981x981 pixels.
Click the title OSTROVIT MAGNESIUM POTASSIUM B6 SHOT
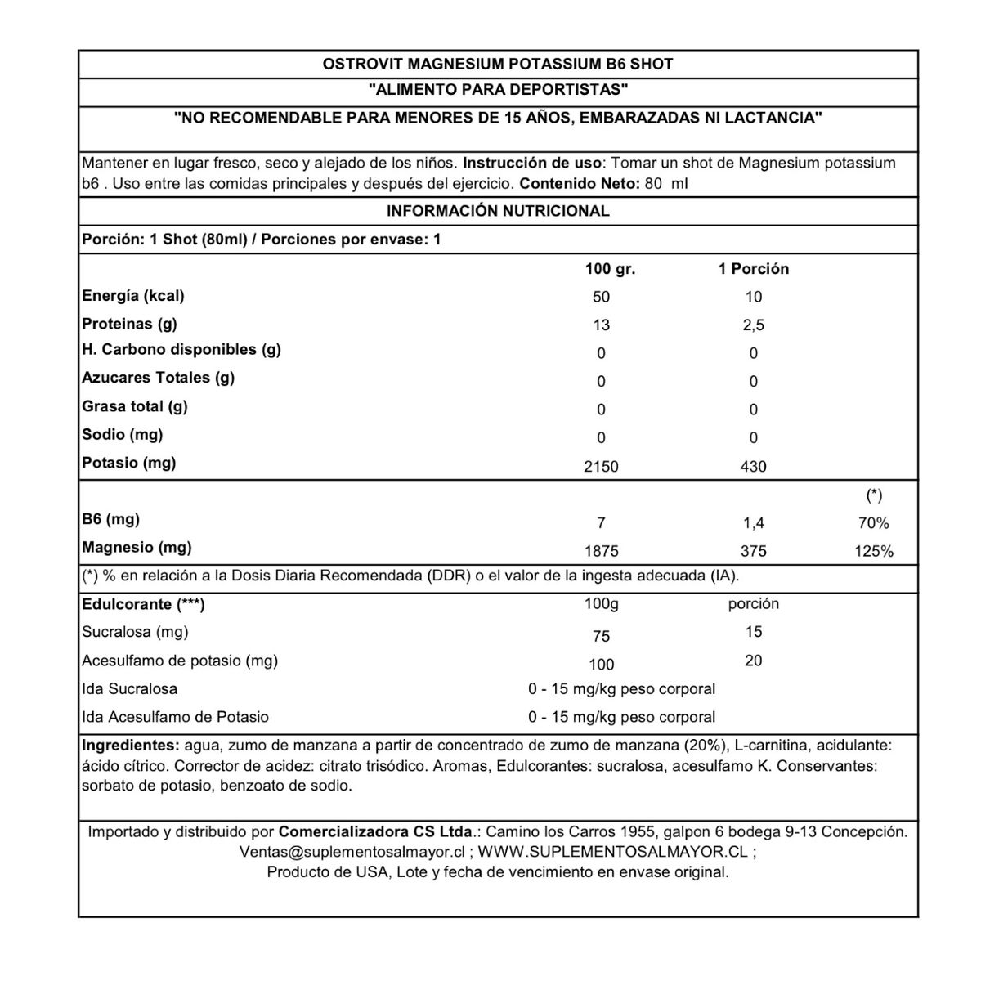pos(498,64)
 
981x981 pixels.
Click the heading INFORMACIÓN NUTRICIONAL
pos(498,211)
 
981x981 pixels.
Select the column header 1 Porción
pos(754,269)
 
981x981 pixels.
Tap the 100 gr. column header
pos(610,269)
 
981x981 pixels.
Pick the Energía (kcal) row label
pos(133,296)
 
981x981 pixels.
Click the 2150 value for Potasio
pos(601,467)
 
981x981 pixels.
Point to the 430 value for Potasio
pos(753,467)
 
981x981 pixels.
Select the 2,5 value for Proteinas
pos(753,325)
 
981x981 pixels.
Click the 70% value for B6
pos(874,523)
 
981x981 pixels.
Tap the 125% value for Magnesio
pos(874,552)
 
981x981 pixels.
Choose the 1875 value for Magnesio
pos(601,552)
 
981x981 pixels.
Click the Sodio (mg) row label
pos(123,435)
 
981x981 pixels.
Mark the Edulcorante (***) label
pos(143,605)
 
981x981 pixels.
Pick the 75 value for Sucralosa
pos(601,637)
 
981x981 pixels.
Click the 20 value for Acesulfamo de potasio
pos(753,661)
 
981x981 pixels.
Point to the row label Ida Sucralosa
pos(130,689)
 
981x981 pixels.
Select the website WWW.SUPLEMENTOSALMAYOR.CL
pos(612,852)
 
